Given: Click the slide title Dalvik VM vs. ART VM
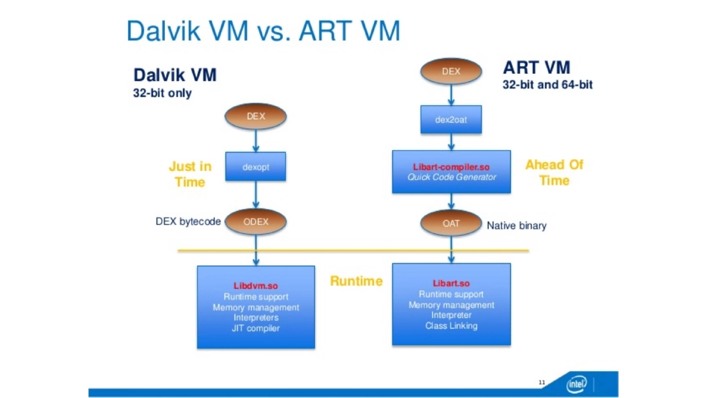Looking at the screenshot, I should tap(263, 31).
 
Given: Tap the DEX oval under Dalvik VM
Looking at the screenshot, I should tap(256, 116).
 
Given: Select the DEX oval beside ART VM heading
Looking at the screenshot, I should tap(451, 72).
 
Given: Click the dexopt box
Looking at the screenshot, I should tap(256, 167).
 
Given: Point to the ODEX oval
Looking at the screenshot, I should tap(256, 222).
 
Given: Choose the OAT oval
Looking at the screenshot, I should tap(451, 224).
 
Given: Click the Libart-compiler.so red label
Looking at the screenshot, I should tap(451, 167).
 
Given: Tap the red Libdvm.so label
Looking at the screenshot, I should tap(256, 287).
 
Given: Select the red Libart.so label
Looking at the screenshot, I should tap(451, 284).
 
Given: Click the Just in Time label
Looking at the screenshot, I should tap(190, 174).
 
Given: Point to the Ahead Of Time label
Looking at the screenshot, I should tap(554, 172).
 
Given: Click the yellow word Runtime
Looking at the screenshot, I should tap(356, 281).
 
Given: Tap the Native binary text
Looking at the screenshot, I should tap(517, 225).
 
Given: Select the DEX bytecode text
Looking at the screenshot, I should tap(188, 222).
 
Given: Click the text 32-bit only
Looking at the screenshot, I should tap(162, 93).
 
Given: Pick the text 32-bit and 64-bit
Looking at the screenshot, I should tap(547, 85).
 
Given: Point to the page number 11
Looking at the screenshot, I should tap(541, 383).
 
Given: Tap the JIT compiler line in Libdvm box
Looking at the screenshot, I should tap(256, 328).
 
